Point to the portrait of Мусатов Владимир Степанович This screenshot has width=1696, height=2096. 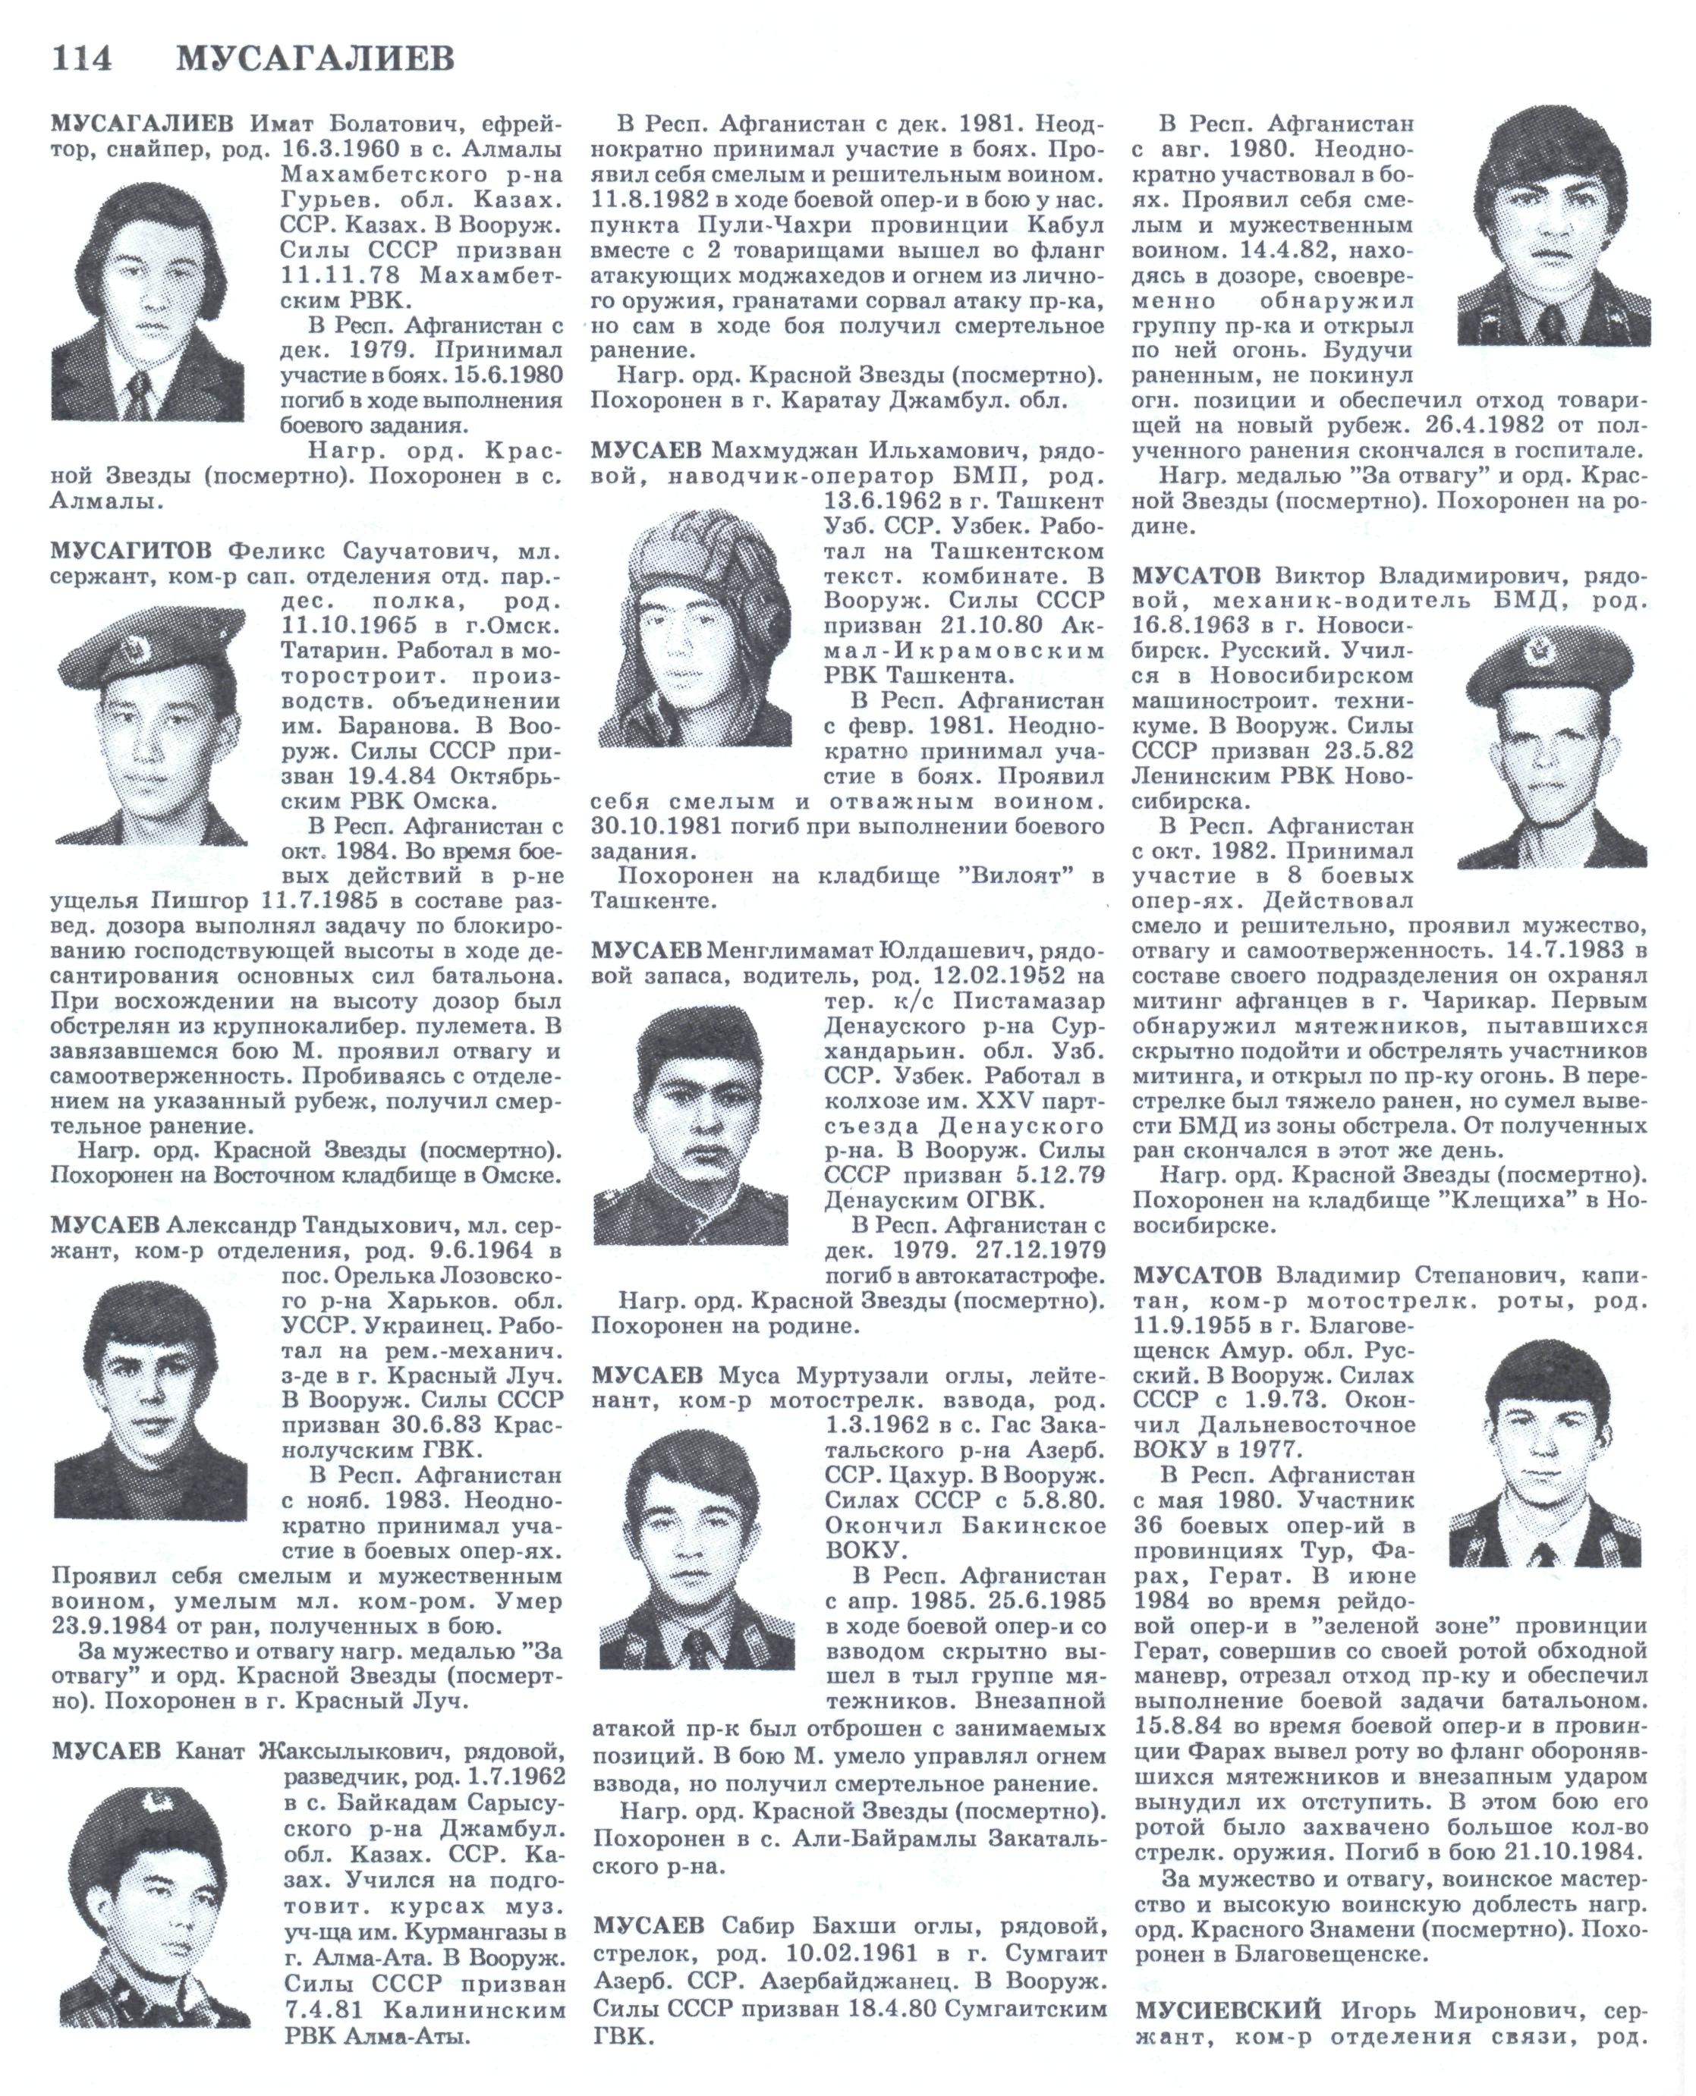point(1546,1453)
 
